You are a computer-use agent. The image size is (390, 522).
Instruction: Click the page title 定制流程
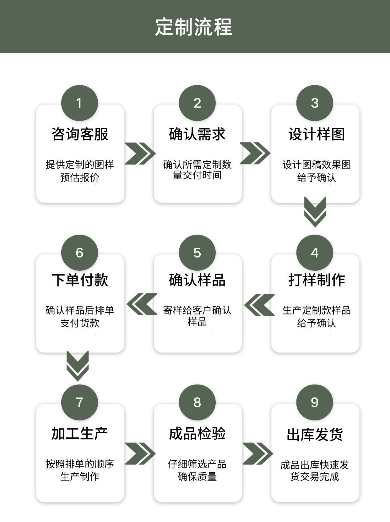coord(194,27)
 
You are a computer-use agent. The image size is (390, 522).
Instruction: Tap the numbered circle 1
coord(79,103)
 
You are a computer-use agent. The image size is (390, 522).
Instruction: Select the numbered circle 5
coord(197,253)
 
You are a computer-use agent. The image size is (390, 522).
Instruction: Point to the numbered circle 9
coord(315,403)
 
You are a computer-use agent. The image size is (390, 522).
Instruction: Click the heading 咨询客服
coord(80,134)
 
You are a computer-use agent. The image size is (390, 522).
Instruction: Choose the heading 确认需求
coord(197,134)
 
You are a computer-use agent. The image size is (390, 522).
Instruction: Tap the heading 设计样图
coord(317,134)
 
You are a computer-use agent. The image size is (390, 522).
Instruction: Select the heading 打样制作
coord(317,280)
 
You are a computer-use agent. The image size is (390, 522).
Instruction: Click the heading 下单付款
coord(80,280)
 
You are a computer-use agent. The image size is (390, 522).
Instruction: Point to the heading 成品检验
coord(197,433)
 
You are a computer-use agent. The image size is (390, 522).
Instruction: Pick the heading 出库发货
coord(315,435)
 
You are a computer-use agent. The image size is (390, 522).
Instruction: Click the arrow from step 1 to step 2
coord(140,153)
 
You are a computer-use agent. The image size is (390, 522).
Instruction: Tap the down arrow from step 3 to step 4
coord(315,211)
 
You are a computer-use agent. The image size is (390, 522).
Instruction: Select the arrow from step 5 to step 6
coord(142,304)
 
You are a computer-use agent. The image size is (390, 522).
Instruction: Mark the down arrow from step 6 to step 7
coord(78,366)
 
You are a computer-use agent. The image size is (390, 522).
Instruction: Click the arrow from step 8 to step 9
coord(257,453)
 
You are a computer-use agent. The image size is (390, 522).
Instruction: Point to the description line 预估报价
coord(80,178)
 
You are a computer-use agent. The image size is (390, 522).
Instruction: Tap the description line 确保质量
coord(197,477)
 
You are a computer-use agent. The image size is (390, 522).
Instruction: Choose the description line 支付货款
coord(80,323)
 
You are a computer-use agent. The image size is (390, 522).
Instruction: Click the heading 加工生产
coord(80,433)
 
